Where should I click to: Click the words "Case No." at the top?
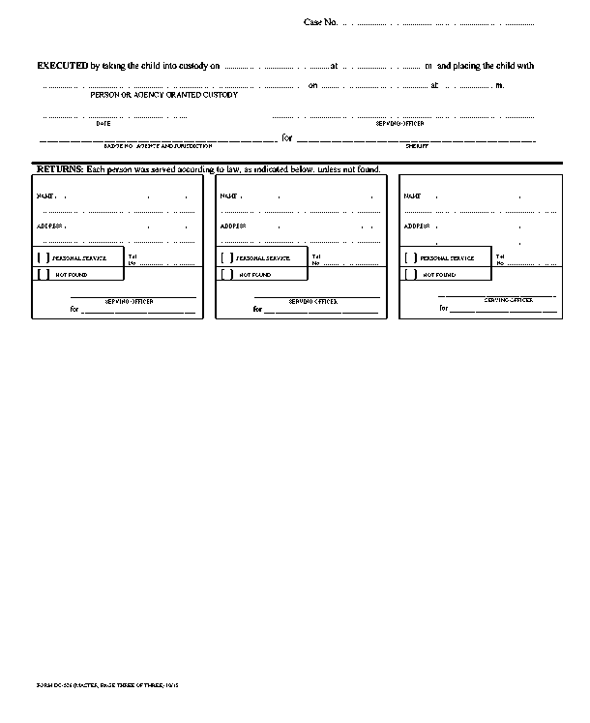click(320, 21)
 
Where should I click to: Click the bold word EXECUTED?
click(62, 66)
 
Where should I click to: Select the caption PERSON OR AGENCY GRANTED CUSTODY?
click(163, 95)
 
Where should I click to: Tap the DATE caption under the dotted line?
click(103, 124)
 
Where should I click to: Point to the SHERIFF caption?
click(417, 145)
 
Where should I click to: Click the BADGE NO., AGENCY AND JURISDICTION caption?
click(158, 145)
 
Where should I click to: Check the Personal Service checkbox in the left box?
click(43, 258)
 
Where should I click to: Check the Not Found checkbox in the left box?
click(43, 275)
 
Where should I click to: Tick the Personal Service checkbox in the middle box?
click(226, 258)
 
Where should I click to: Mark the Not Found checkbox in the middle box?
click(226, 275)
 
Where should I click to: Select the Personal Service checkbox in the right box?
click(411, 258)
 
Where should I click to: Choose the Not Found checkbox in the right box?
click(411, 275)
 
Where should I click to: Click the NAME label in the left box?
click(44, 196)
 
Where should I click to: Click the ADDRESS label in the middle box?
click(232, 226)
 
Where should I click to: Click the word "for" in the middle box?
click(257, 310)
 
